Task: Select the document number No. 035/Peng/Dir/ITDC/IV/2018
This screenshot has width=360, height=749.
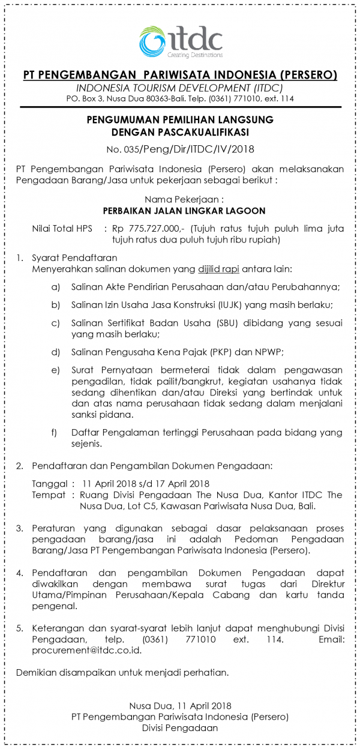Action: click(x=180, y=150)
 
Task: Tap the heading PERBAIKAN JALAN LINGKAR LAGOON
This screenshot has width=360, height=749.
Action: click(x=180, y=211)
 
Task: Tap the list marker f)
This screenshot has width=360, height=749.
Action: click(x=55, y=432)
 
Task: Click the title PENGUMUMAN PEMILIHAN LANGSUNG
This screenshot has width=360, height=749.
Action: click(x=180, y=119)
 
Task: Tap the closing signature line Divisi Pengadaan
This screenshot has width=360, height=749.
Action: click(x=180, y=728)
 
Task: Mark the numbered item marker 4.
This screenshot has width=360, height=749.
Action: click(x=20, y=573)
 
